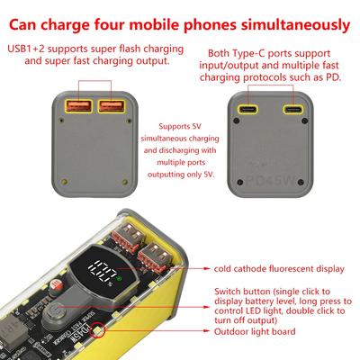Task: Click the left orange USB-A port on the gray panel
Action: click(x=78, y=106)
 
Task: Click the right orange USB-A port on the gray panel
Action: click(x=112, y=106)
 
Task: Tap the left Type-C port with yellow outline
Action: click(x=247, y=109)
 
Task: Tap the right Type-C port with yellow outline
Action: click(x=293, y=109)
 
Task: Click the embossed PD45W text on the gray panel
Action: click(x=270, y=181)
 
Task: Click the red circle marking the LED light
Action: click(x=97, y=330)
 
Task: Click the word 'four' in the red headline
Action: click(x=109, y=24)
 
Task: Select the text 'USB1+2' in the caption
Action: click(x=26, y=49)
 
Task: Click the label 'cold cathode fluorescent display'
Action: click(x=279, y=269)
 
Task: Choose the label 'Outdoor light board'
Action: click(x=255, y=331)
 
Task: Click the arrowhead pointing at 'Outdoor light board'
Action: click(x=207, y=331)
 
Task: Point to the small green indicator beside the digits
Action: click(x=120, y=278)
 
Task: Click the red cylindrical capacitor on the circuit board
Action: click(x=56, y=284)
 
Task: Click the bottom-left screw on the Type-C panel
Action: click(x=239, y=182)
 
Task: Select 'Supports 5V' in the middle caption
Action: click(x=180, y=126)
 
